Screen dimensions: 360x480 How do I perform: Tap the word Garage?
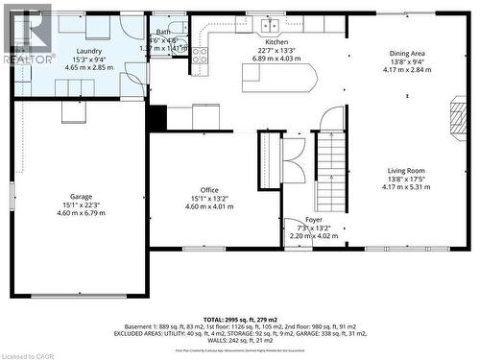[81, 195]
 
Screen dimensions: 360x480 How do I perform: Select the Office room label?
[209, 190]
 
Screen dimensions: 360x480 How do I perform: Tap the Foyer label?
[314, 220]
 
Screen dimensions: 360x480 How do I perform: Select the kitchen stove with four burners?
[200, 56]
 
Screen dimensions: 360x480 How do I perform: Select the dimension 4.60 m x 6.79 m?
[81, 212]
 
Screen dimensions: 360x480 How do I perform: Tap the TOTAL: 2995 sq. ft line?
[240, 318]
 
